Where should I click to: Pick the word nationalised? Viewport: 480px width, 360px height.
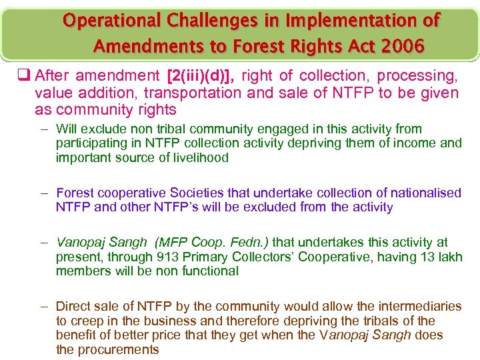425,193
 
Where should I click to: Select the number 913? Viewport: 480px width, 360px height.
167,257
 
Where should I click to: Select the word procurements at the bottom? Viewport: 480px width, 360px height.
118,350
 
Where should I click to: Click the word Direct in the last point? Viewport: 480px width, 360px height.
73,306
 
